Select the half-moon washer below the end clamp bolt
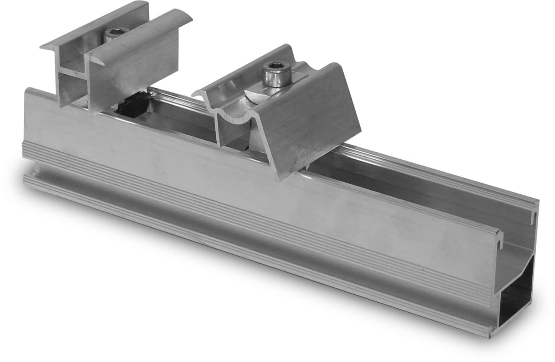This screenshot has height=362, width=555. pos(253,96)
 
